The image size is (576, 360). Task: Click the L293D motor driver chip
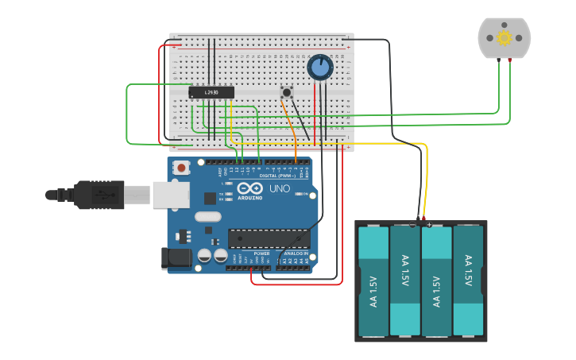tap(211, 93)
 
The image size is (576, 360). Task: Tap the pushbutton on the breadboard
tap(287, 93)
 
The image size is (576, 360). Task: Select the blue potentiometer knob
tap(320, 68)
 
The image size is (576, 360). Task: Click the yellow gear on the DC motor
tap(504, 37)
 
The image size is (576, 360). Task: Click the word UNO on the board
tap(280, 189)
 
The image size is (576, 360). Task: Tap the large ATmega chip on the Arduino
tap(269, 238)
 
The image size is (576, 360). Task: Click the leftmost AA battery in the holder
tap(373, 280)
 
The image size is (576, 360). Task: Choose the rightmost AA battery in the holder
tap(468, 280)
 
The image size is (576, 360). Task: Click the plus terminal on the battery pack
tap(429, 224)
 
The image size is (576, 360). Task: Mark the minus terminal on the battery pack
tap(413, 224)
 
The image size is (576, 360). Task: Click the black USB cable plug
tap(99, 194)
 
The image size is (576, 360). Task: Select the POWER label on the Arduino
tap(261, 254)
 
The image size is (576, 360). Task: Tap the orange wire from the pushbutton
tap(292, 127)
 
